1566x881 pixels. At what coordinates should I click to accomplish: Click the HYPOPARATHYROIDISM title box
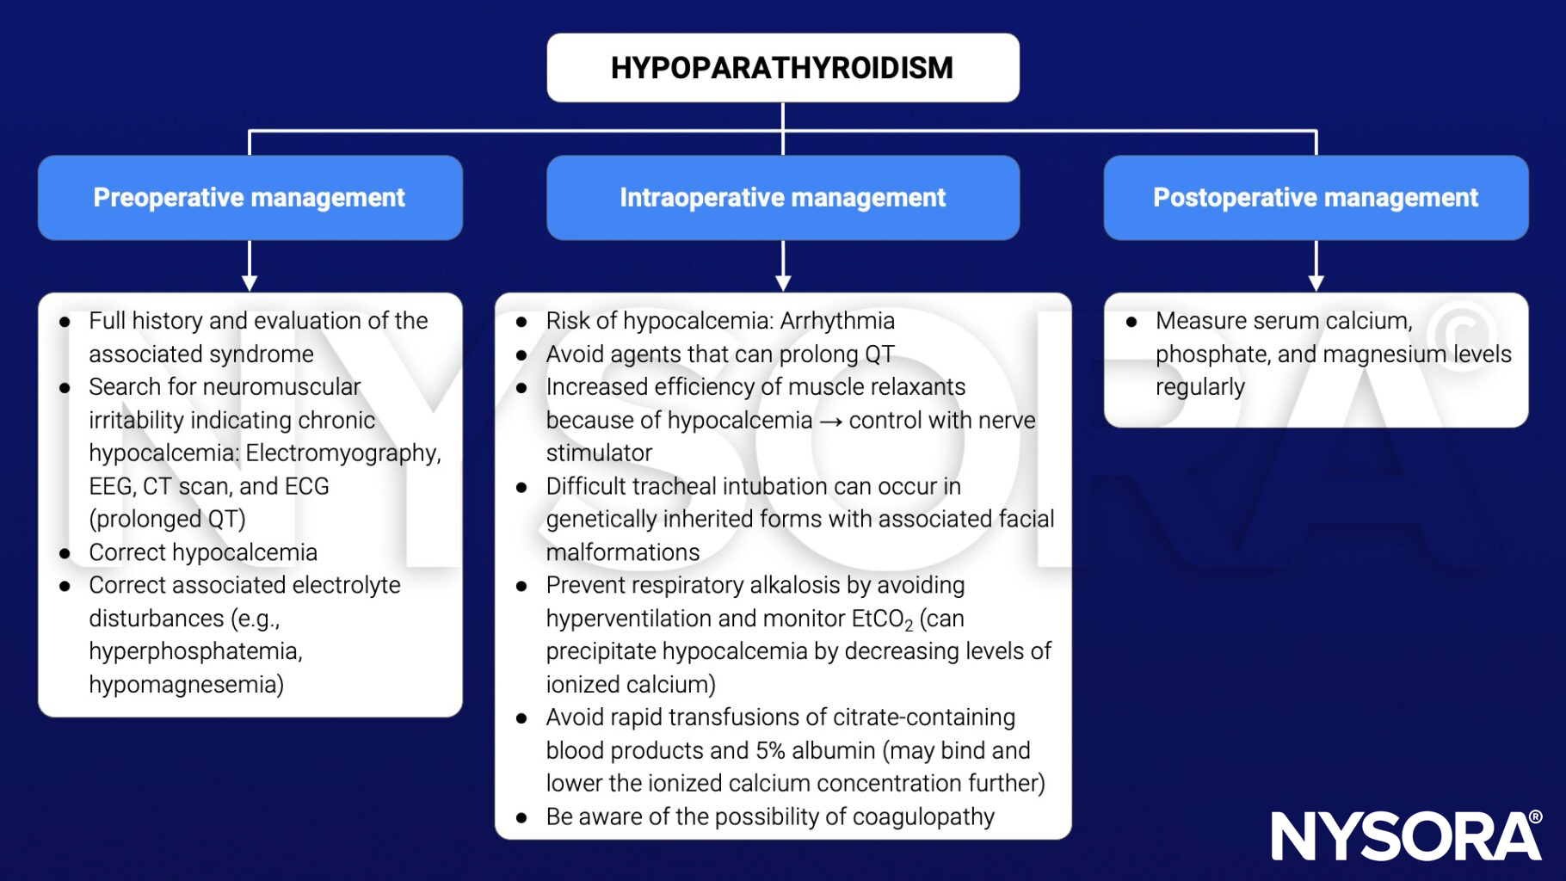pyautogui.click(x=782, y=68)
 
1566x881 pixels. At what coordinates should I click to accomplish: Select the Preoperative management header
pyautogui.click(x=250, y=197)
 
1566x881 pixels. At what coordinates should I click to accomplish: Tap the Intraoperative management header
pyautogui.click(x=782, y=197)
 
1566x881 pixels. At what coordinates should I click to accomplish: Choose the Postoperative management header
pyautogui.click(x=1315, y=197)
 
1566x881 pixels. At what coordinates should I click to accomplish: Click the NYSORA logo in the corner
pyautogui.click(x=1406, y=835)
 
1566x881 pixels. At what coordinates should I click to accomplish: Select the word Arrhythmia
pyautogui.click(x=837, y=321)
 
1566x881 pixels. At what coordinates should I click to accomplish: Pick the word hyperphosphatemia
pyautogui.click(x=195, y=651)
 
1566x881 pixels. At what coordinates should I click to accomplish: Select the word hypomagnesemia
pyautogui.click(x=186, y=685)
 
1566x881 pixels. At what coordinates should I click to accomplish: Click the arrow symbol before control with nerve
pyautogui.click(x=830, y=421)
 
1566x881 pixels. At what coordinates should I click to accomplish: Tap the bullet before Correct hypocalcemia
pyautogui.click(x=65, y=553)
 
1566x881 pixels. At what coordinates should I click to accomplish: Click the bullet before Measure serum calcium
pyautogui.click(x=1131, y=322)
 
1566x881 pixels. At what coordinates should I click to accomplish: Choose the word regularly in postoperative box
pyautogui.click(x=1199, y=387)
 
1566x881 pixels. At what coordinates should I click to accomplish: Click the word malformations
pyautogui.click(x=623, y=552)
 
